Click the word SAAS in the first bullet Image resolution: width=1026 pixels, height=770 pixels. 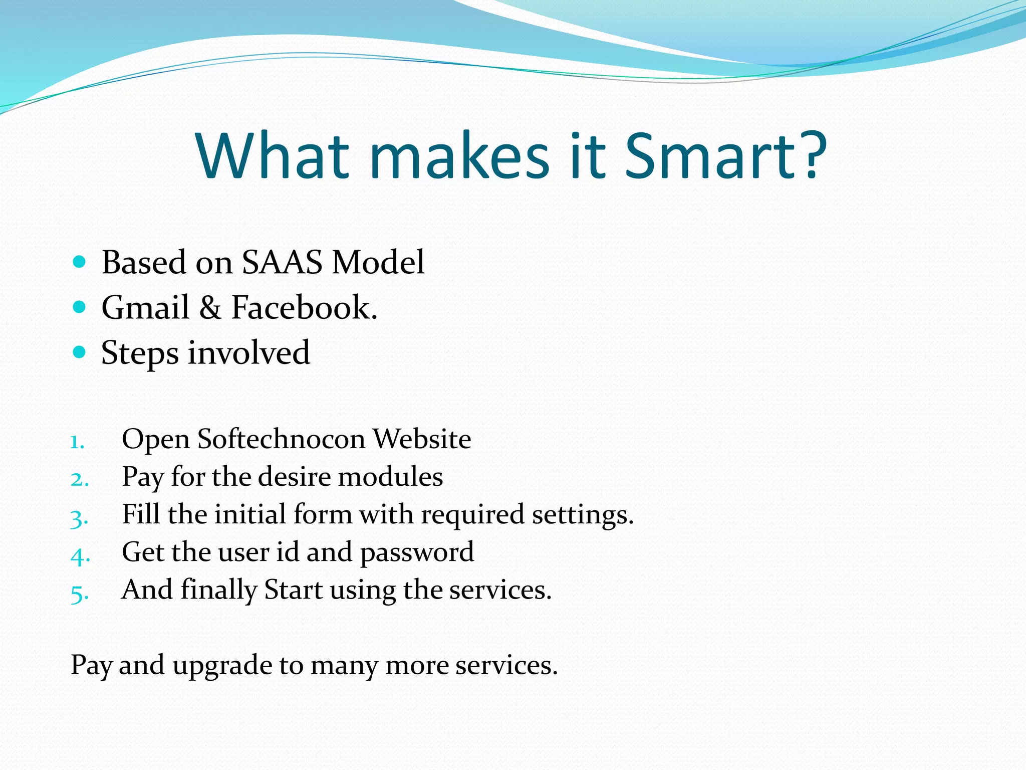click(282, 262)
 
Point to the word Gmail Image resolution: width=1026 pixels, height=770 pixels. click(145, 307)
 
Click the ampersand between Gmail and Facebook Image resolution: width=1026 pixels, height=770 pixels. click(210, 308)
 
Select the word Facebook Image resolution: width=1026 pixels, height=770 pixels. click(304, 307)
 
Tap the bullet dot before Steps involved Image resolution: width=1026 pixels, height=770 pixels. click(79, 352)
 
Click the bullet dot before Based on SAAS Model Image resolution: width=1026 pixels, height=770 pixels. click(79, 262)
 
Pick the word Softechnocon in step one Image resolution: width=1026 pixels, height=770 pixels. click(281, 439)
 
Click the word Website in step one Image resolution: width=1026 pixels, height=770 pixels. click(422, 439)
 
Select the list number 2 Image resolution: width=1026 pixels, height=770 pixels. click(79, 479)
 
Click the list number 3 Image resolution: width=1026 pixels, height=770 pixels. click(79, 518)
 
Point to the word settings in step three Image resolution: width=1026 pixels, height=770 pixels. click(582, 515)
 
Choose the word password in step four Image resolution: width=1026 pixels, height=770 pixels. click(417, 553)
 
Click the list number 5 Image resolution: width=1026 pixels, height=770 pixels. click(79, 594)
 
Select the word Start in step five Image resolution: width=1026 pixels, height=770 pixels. click(293, 590)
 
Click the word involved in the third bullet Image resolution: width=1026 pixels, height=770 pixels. click(249, 352)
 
